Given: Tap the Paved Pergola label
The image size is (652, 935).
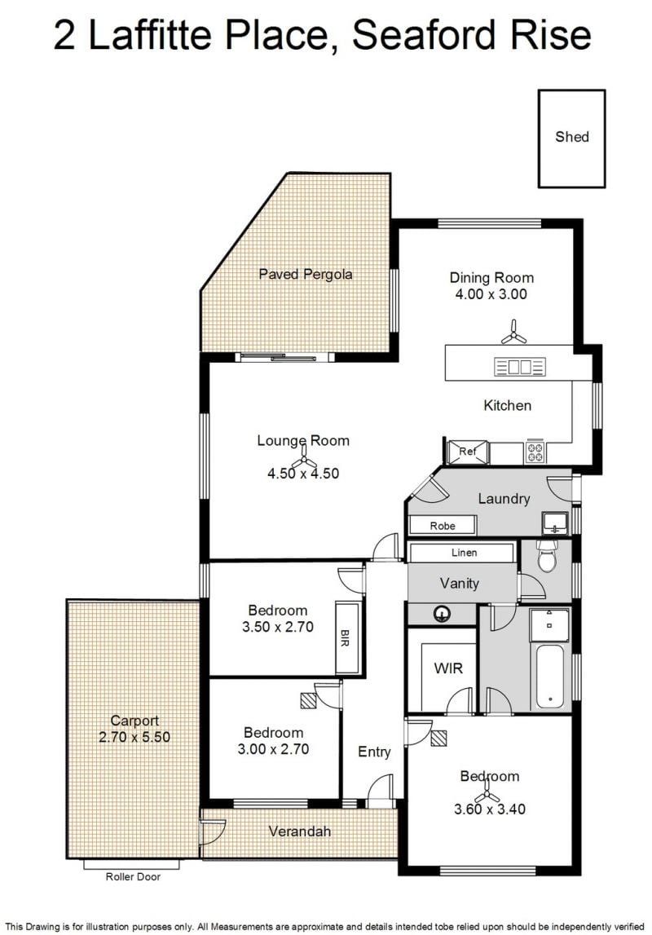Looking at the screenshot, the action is [x=305, y=274].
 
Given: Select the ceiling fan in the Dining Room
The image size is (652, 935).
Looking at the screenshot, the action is [x=513, y=333].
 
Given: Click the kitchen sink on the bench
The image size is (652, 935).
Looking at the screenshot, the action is [x=520, y=366].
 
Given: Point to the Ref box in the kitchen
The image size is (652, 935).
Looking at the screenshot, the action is [x=468, y=452].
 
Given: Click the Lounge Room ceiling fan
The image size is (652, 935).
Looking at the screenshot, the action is [x=303, y=457].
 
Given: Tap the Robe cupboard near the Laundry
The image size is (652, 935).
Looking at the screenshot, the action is [x=443, y=525].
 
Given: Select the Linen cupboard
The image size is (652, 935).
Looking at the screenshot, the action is [x=460, y=552].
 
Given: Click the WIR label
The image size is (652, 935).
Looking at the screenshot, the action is [x=448, y=668].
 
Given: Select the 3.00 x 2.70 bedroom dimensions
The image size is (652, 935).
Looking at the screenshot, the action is [x=273, y=749].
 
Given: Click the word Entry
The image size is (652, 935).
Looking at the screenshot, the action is [x=374, y=752].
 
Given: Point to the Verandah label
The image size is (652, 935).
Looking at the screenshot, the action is [x=299, y=831].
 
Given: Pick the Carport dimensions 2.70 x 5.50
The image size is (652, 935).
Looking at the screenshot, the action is [x=134, y=737].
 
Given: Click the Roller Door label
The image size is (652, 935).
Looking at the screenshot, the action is [x=133, y=876].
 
